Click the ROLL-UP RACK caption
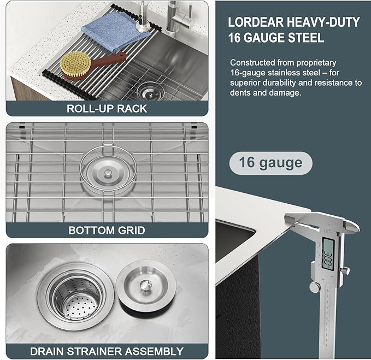tap(107, 108)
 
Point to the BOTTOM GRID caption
tap(107, 230)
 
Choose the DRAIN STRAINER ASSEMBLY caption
tap(107, 351)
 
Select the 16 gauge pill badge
tap(270, 163)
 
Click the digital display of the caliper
tap(329, 254)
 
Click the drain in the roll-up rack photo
tap(149, 90)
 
